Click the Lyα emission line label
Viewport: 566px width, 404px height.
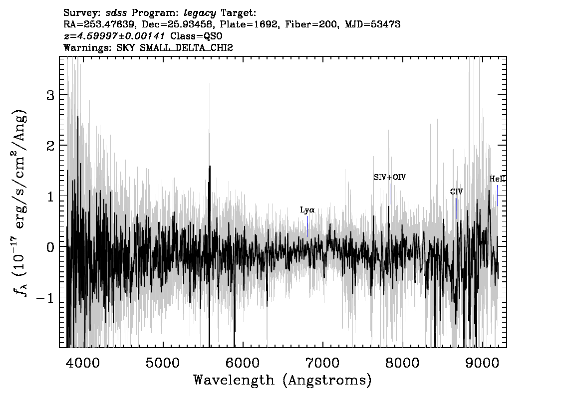pyautogui.click(x=307, y=210)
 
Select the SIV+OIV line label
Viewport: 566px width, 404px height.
pyautogui.click(x=389, y=178)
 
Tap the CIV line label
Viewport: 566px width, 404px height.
pyautogui.click(x=456, y=192)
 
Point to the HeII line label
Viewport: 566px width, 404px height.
pyautogui.click(x=498, y=179)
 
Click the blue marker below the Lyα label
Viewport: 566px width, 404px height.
pyautogui.click(x=307, y=226)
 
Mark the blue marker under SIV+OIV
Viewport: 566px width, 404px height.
pyautogui.click(x=390, y=194)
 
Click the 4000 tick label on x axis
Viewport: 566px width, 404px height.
pyautogui.click(x=83, y=363)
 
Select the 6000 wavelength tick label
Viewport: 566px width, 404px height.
pyautogui.click(x=242, y=363)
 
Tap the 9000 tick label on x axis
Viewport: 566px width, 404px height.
pyautogui.click(x=482, y=363)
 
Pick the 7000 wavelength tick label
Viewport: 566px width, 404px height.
pyautogui.click(x=322, y=363)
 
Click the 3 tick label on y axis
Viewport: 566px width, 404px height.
pyautogui.click(x=50, y=95)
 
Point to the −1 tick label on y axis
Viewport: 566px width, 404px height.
pyautogui.click(x=45, y=298)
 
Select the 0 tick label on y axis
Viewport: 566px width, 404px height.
pyautogui.click(x=50, y=247)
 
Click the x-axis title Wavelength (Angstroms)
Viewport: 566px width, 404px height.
pyautogui.click(x=283, y=380)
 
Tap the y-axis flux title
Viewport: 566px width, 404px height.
pyautogui.click(x=20, y=202)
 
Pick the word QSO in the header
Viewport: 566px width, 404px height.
pyautogui.click(x=215, y=36)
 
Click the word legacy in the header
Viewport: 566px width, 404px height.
pyautogui.click(x=200, y=13)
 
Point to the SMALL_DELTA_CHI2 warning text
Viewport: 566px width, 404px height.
pyautogui.click(x=186, y=47)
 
